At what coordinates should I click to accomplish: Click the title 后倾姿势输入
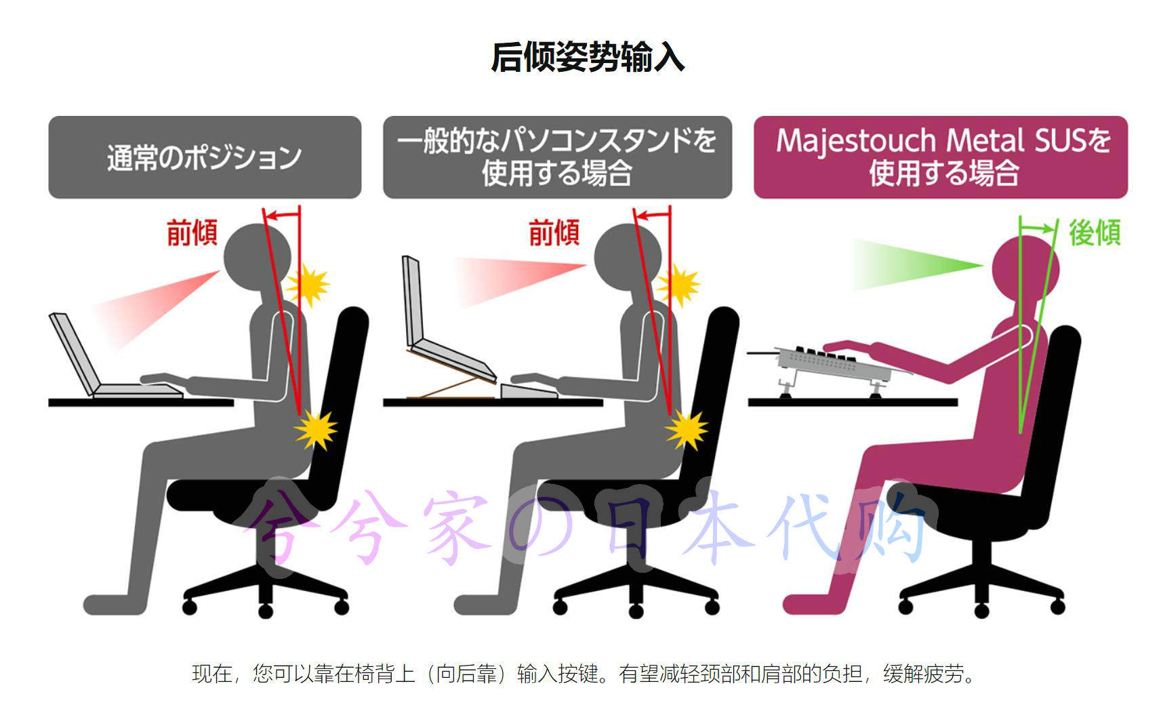tap(588, 57)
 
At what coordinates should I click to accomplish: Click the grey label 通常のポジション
tap(204, 157)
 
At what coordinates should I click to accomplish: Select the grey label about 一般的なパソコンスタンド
tap(557, 157)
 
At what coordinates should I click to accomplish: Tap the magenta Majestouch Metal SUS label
tap(941, 157)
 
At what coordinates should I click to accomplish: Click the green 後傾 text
tap(1094, 232)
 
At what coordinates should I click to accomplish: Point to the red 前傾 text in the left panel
tap(192, 232)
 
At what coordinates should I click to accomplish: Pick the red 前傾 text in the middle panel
tap(554, 232)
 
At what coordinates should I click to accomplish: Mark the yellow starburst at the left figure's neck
tap(309, 285)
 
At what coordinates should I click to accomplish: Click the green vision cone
tap(908, 265)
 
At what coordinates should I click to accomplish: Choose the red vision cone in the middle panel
tap(515, 278)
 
